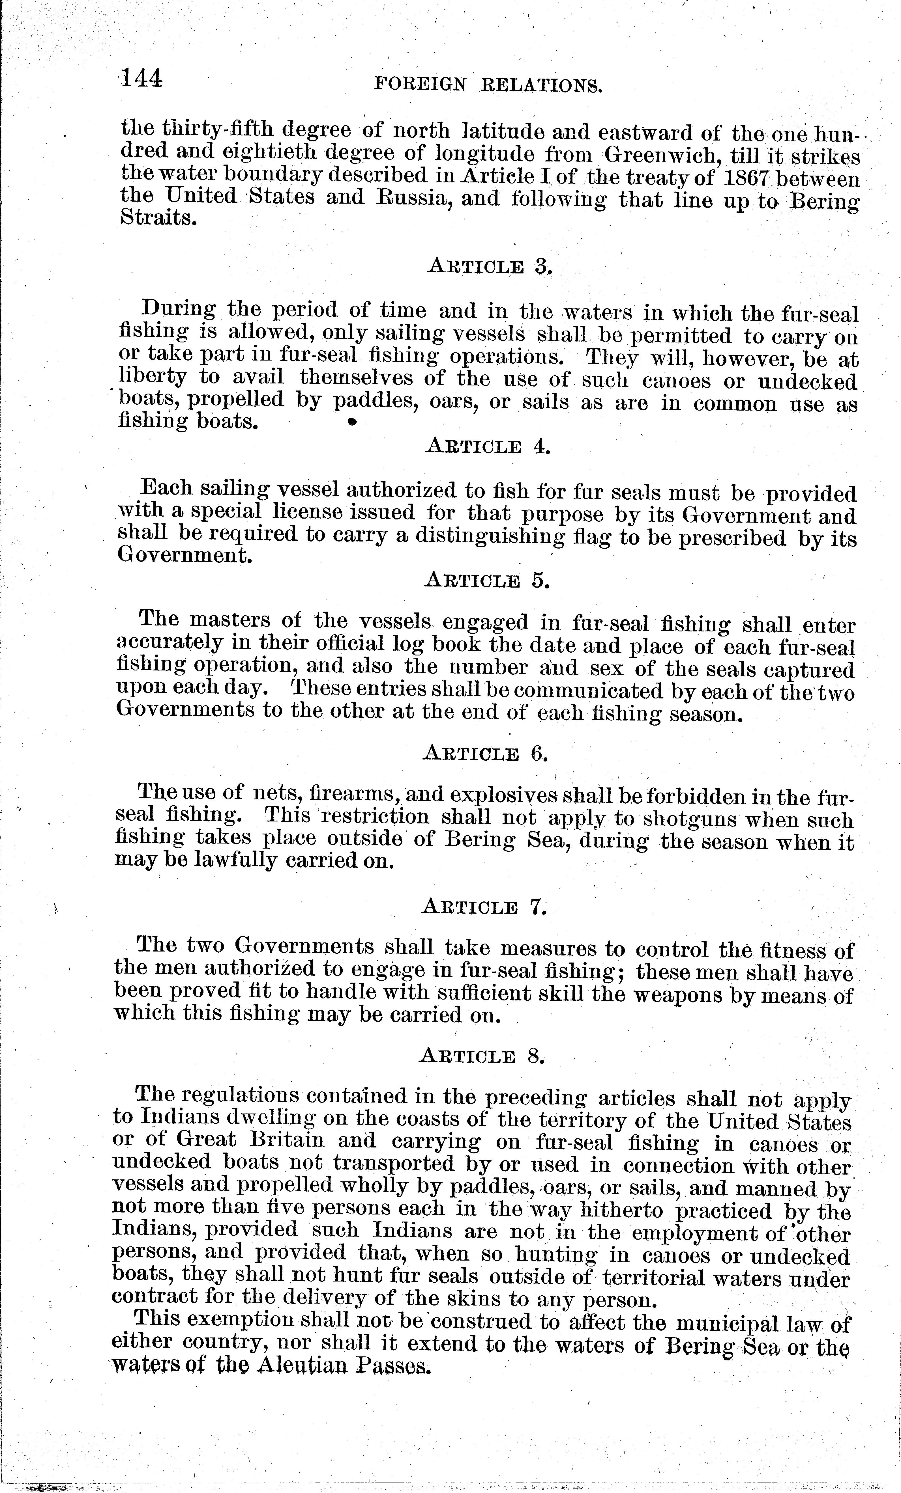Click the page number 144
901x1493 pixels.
tap(141, 79)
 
